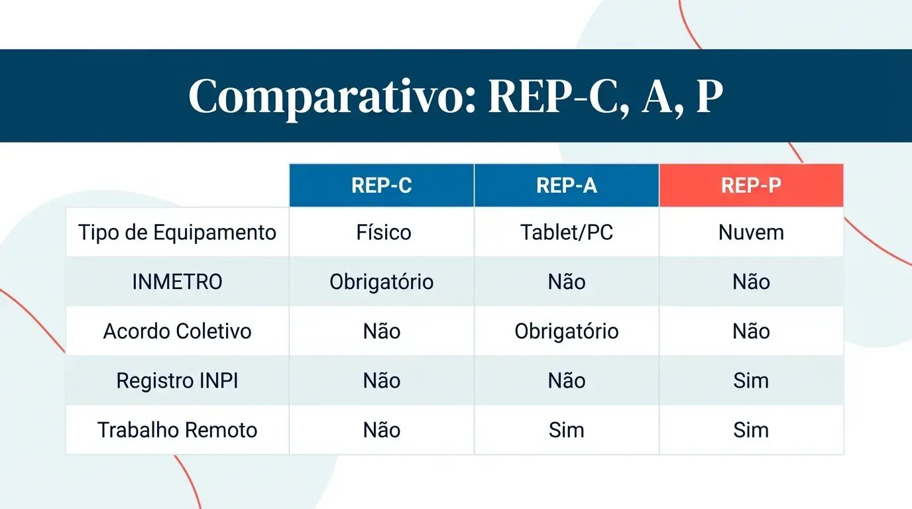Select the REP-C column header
(x=382, y=186)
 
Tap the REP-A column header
(x=567, y=186)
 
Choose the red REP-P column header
(x=751, y=186)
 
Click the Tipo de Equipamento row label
(x=177, y=233)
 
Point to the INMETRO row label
(x=177, y=282)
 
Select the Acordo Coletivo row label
(x=177, y=331)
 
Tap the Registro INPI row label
(x=177, y=380)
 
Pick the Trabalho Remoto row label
(x=177, y=430)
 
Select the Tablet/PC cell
(x=567, y=233)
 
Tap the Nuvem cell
(x=751, y=233)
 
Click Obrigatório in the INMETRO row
(x=382, y=282)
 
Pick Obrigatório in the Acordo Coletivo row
(x=567, y=331)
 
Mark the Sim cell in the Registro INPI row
(x=751, y=380)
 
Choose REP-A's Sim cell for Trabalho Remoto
(x=567, y=430)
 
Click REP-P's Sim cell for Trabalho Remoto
(x=751, y=430)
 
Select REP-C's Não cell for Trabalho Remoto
(x=382, y=430)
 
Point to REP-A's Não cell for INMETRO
(x=567, y=282)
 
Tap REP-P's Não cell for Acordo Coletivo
(x=751, y=331)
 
